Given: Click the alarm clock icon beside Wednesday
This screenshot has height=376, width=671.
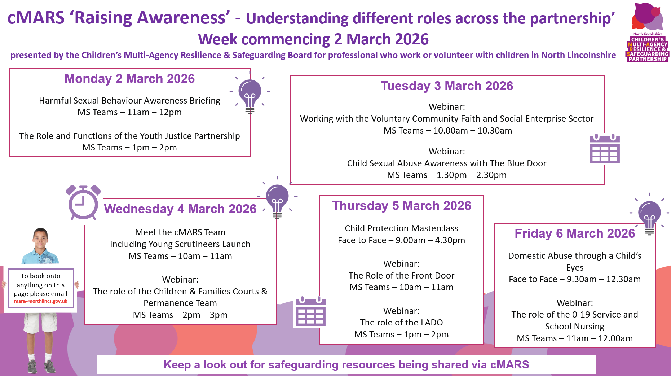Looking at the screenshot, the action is coord(83,202).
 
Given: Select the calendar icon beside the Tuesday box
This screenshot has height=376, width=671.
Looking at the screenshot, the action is coord(605,148).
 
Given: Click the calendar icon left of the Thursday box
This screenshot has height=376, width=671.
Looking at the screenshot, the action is coord(310,312).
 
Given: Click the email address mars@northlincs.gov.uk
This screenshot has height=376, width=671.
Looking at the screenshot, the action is coord(41,301).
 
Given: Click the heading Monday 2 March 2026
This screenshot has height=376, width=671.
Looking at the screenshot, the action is coord(129,79).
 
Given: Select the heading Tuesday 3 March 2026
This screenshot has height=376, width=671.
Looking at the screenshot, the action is coord(447,86).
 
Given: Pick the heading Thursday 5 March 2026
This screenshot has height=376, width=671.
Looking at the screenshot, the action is coord(402,206).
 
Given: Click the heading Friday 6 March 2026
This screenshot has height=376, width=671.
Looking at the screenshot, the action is coord(575,233).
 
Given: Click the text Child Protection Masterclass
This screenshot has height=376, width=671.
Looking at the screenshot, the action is coord(401,228).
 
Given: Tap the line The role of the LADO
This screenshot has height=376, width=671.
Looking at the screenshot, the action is coord(401,323).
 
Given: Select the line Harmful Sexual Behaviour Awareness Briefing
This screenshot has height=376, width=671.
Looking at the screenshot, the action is coord(129,101).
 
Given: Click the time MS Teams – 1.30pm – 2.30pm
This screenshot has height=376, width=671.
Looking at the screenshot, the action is coord(447,175).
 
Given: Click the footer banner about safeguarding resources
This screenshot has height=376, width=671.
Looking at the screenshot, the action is coord(346,364).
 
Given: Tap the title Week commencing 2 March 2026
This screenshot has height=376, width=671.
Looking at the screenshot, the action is coord(313,39).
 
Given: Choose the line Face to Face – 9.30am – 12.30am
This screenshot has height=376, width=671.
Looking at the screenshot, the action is coord(575,279).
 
